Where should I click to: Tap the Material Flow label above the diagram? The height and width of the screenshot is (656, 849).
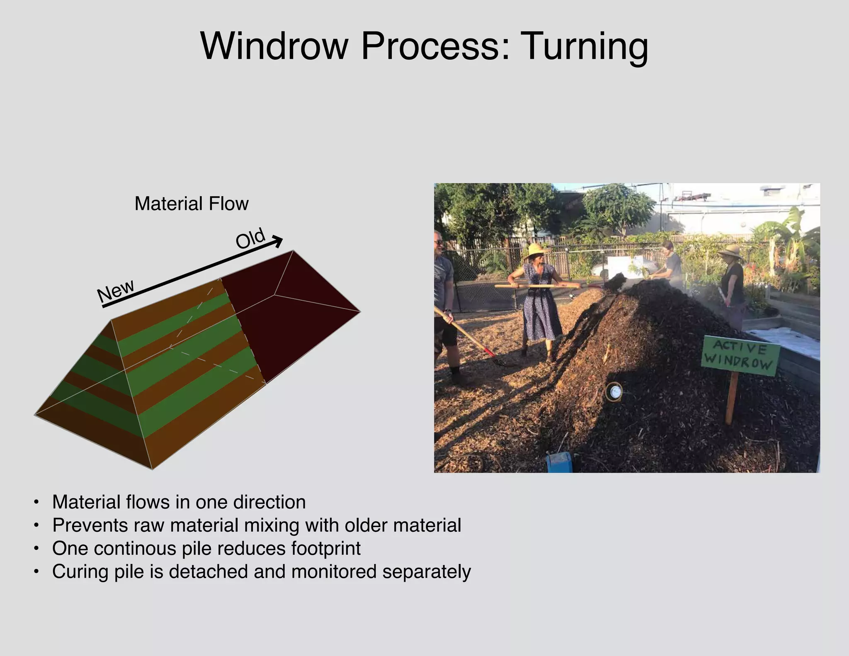coord(192,204)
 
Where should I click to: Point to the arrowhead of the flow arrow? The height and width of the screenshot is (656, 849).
coord(278,241)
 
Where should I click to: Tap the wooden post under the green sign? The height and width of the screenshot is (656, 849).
coord(732,398)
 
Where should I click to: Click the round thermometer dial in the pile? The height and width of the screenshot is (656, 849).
coord(614,391)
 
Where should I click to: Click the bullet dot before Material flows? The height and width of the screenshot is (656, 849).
coord(37,503)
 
